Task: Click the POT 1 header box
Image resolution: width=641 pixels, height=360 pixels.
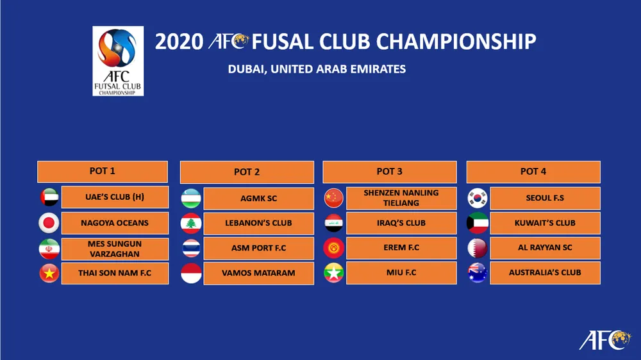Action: pos(103,172)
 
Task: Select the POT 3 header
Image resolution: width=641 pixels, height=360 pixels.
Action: pos(390,172)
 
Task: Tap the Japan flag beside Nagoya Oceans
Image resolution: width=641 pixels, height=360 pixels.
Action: pos(49,223)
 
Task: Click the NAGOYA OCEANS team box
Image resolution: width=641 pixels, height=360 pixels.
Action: pos(115,223)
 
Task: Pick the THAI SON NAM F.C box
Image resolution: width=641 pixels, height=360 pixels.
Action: pos(115,273)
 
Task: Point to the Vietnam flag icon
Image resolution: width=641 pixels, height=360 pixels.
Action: pos(49,274)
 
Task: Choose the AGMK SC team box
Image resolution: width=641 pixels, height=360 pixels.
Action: pos(258,199)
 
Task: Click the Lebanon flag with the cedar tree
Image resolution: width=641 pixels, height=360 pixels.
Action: pos(191,224)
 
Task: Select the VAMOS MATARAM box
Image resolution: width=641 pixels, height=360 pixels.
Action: pos(258,273)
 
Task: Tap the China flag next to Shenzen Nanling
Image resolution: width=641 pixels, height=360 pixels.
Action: pos(334,199)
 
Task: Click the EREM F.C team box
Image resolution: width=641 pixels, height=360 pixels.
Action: pos(401,248)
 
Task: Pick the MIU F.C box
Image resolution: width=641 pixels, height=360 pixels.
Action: pos(401,272)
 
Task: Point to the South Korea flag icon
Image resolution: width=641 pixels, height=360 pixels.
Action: pos(478,199)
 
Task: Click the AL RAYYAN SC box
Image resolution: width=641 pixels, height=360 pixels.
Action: pos(545,248)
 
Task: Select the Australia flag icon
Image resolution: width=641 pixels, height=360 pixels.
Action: pos(478,273)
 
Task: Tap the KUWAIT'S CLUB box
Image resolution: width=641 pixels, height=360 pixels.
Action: pos(545,223)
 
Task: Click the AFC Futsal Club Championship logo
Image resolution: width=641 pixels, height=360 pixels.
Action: pos(118,61)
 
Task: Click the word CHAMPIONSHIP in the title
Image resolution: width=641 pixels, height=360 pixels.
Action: pos(456,42)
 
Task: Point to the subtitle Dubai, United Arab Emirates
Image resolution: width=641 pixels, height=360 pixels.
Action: pos(317,69)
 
